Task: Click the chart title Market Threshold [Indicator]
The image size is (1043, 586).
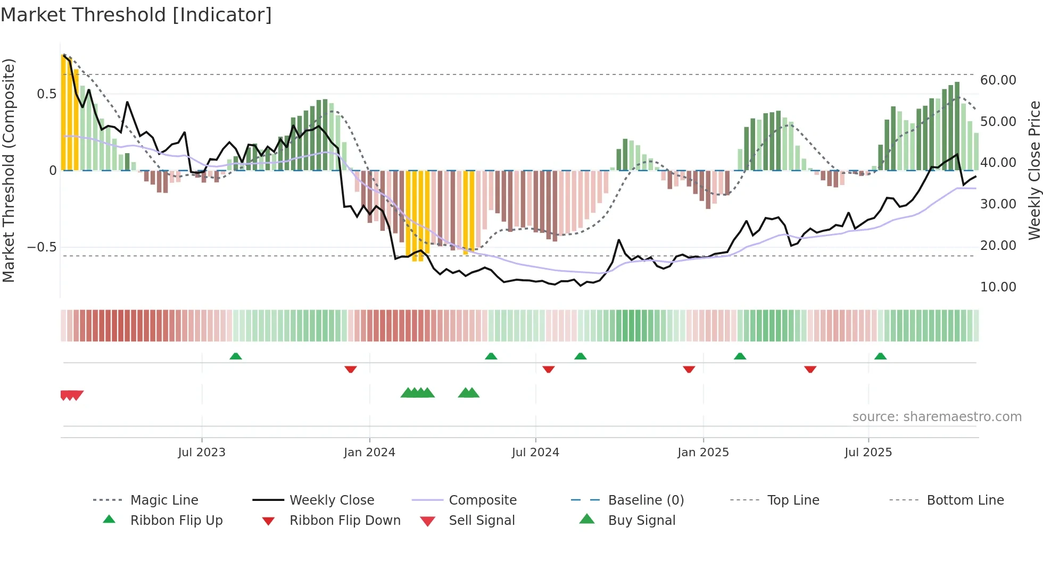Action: pos(136,15)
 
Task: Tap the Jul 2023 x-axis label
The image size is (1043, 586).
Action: pos(202,453)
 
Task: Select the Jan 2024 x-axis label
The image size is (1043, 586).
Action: pos(369,453)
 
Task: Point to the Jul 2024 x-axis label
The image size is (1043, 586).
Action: pos(535,453)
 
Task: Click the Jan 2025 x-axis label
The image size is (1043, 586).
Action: pos(703,453)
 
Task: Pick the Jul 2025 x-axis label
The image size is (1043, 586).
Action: pos(868,453)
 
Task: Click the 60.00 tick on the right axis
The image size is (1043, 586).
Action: pos(998,80)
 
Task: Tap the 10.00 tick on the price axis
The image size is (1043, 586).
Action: pos(998,287)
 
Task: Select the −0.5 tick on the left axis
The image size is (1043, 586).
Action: pos(42,247)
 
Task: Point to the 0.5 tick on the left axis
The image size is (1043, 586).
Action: pos(46,94)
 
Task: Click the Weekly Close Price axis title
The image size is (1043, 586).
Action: pos(1034,170)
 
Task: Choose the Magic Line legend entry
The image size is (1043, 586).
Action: pos(164,500)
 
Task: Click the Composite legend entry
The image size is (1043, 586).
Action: pos(482,500)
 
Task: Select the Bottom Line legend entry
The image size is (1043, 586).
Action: pos(965,500)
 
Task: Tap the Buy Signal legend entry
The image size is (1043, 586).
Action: pos(641,521)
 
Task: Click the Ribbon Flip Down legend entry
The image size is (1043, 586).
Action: pos(344,521)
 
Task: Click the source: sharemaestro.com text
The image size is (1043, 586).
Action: pos(937,417)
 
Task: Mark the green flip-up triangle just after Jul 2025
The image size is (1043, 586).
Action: pos(880,356)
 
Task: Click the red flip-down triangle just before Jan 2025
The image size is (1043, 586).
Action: pos(689,369)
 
